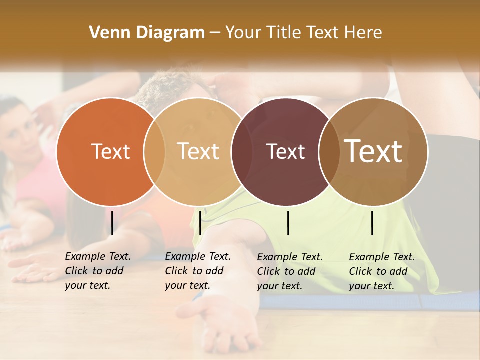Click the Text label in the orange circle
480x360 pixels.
point(110,151)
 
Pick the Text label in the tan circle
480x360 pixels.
point(198,151)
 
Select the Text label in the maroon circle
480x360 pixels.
point(285,152)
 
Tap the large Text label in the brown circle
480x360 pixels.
point(373,151)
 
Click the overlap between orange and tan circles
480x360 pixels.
point(154,152)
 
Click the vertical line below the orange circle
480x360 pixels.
point(112,223)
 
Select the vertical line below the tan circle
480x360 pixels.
point(200,223)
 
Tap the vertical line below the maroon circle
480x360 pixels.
point(288,223)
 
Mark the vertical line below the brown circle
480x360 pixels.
point(372,223)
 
